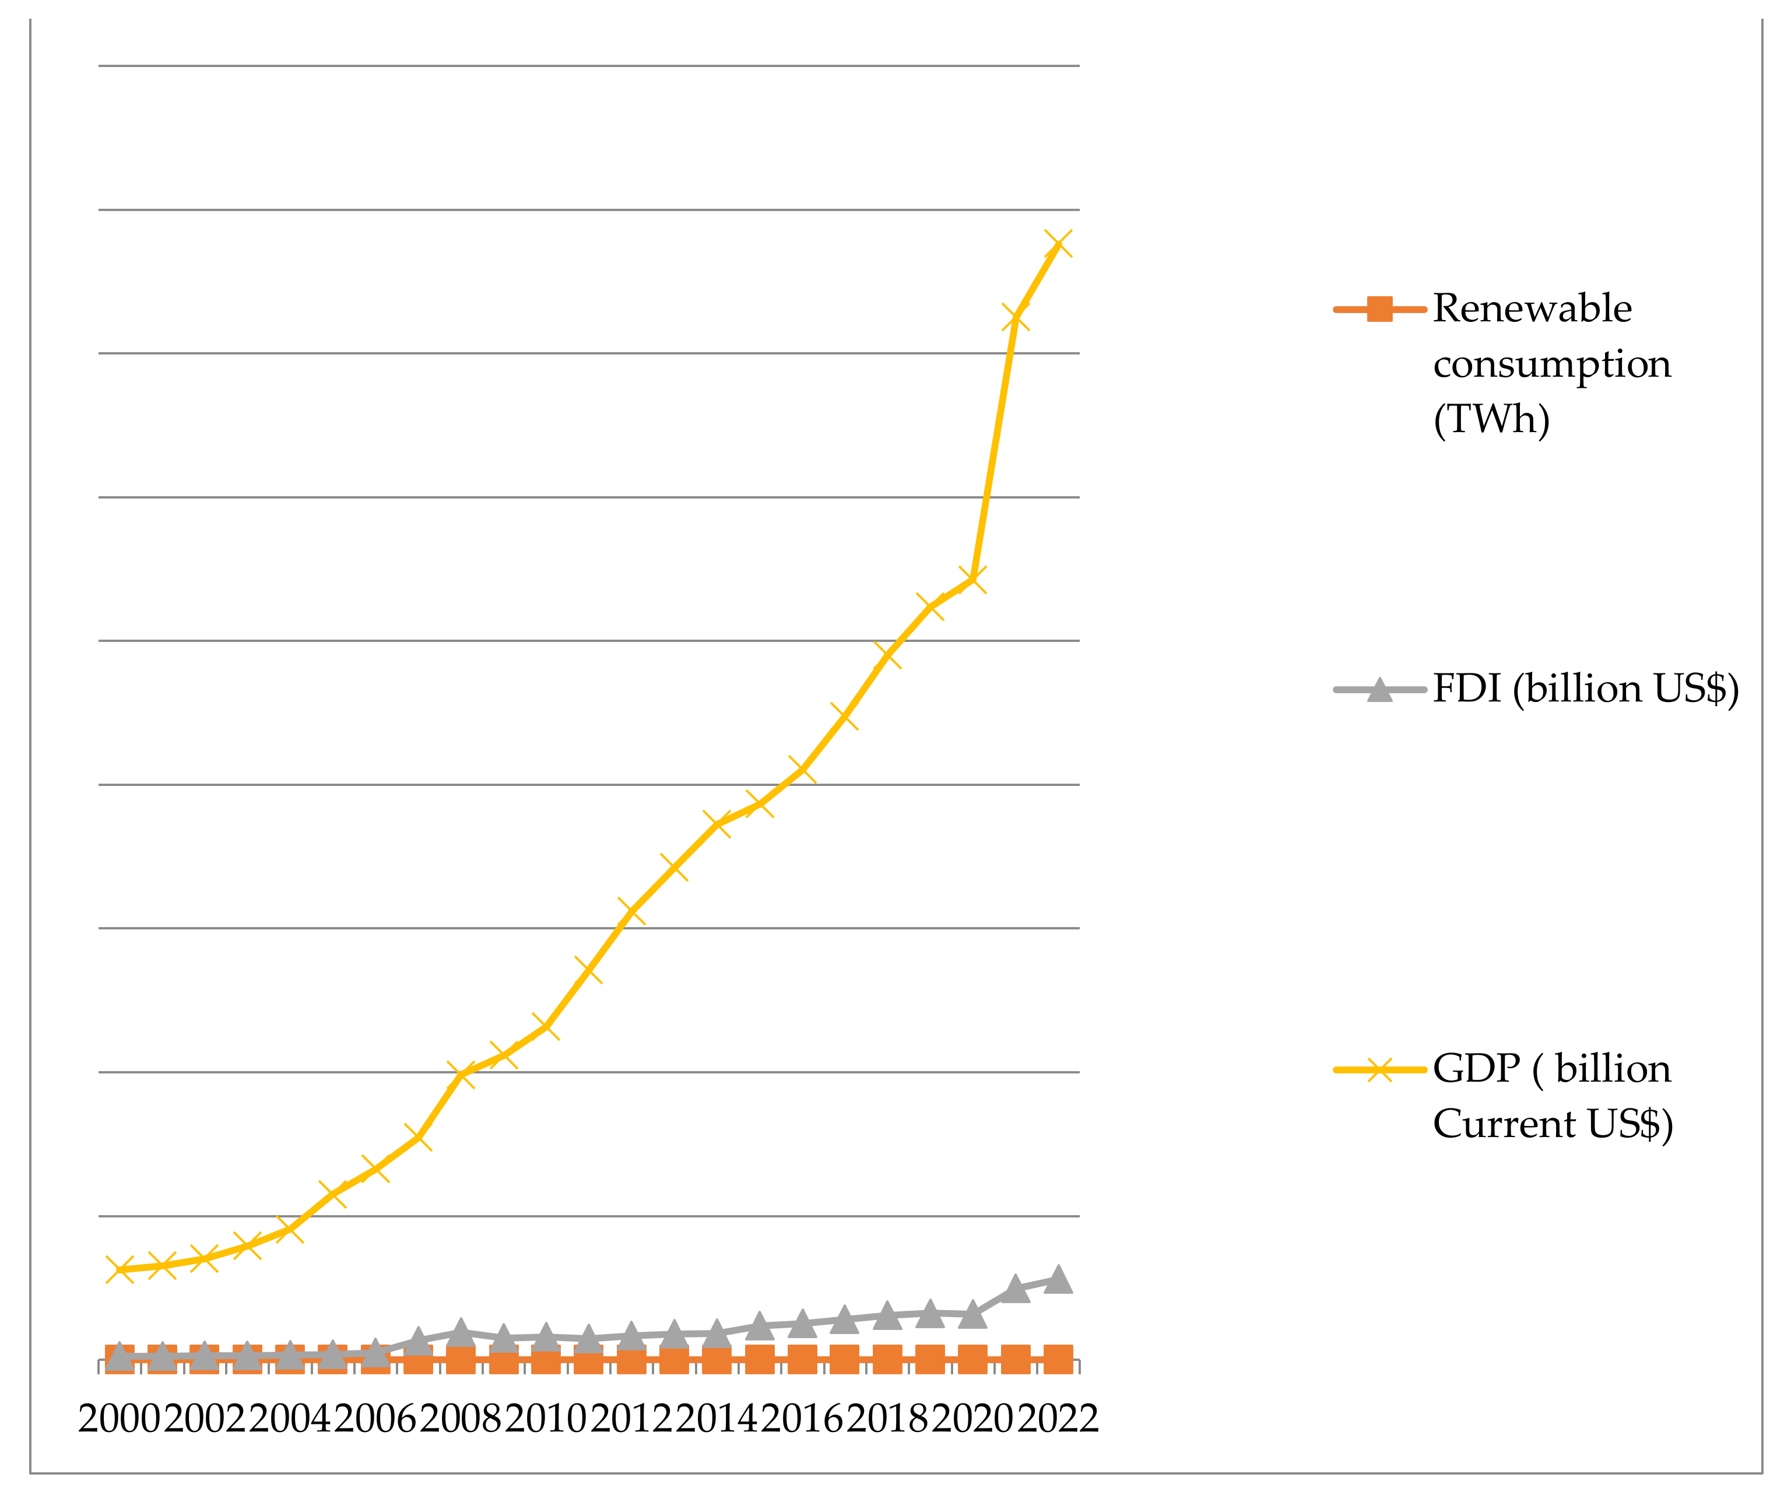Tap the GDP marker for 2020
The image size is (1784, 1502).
972,580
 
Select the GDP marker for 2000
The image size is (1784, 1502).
119,1269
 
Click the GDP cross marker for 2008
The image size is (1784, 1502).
461,1075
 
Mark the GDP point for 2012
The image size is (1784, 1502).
631,912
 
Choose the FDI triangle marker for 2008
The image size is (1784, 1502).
461,1331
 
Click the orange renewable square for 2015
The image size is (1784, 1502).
759,1360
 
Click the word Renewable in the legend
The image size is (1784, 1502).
1532,308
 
